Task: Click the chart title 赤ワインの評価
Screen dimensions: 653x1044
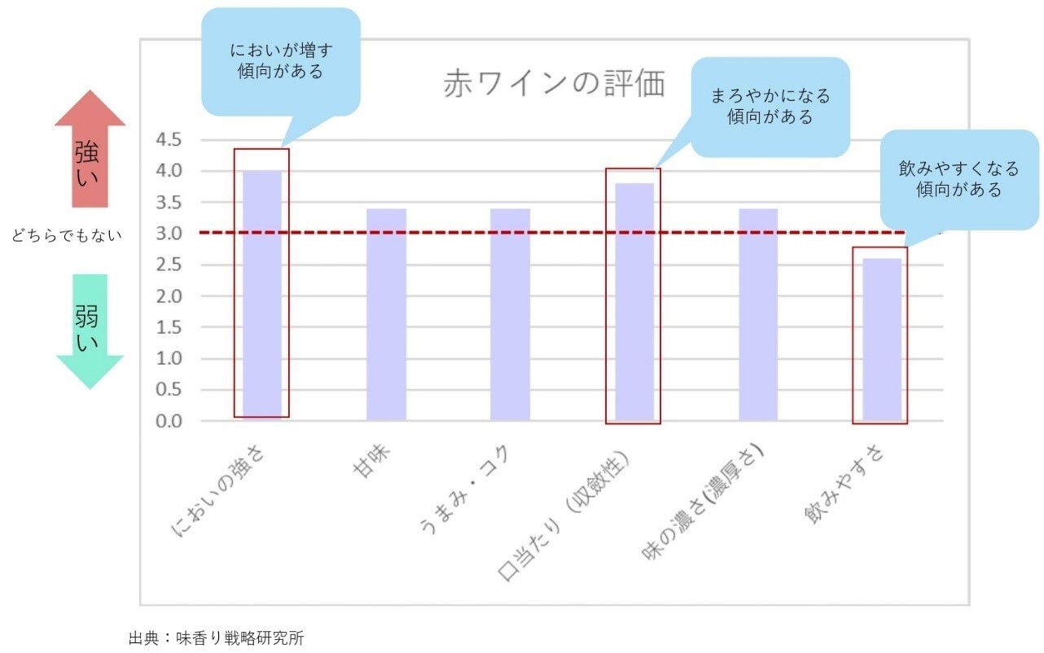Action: (x=554, y=84)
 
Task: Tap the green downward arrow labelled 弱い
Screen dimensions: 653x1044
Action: (x=90, y=330)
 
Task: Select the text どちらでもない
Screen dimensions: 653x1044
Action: (x=67, y=236)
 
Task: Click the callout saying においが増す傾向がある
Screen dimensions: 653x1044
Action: (x=281, y=61)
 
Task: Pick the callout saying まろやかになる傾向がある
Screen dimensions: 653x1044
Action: (x=770, y=106)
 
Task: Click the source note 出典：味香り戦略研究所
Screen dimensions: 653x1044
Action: (x=216, y=638)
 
